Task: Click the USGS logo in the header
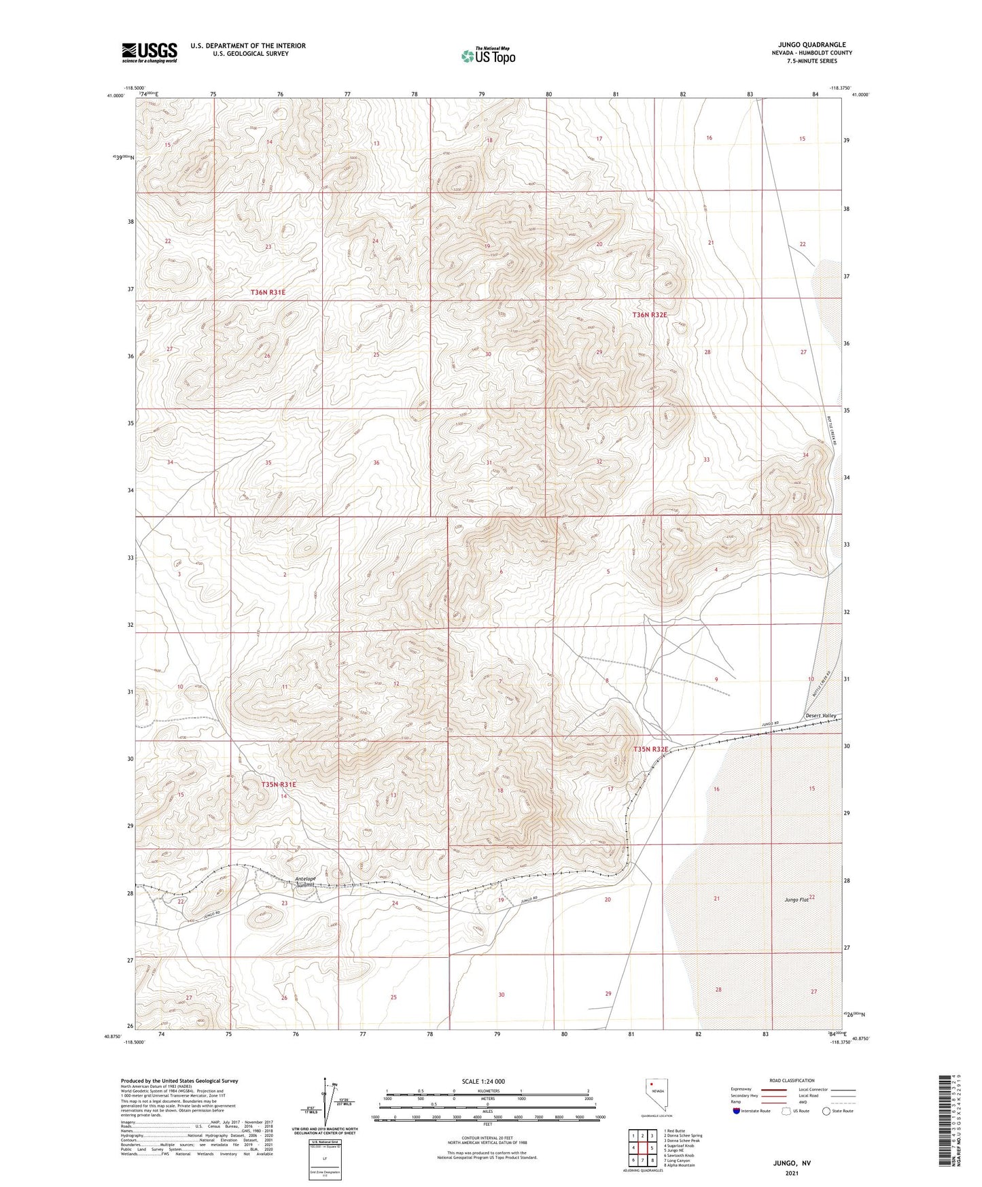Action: tap(149, 52)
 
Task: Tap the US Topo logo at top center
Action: tap(487, 56)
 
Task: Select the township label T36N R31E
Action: tap(268, 292)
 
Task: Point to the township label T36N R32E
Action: tap(650, 315)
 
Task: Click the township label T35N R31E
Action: tap(279, 785)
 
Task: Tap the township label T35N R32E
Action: tap(650, 749)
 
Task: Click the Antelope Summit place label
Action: tap(306, 882)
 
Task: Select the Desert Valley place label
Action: tap(820, 716)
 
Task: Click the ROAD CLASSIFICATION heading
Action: tap(792, 1080)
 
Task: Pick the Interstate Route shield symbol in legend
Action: tap(737, 1111)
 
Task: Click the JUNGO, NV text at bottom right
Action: tap(792, 1163)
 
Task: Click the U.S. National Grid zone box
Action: tap(324, 1156)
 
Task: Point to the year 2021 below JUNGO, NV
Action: tap(792, 1173)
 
